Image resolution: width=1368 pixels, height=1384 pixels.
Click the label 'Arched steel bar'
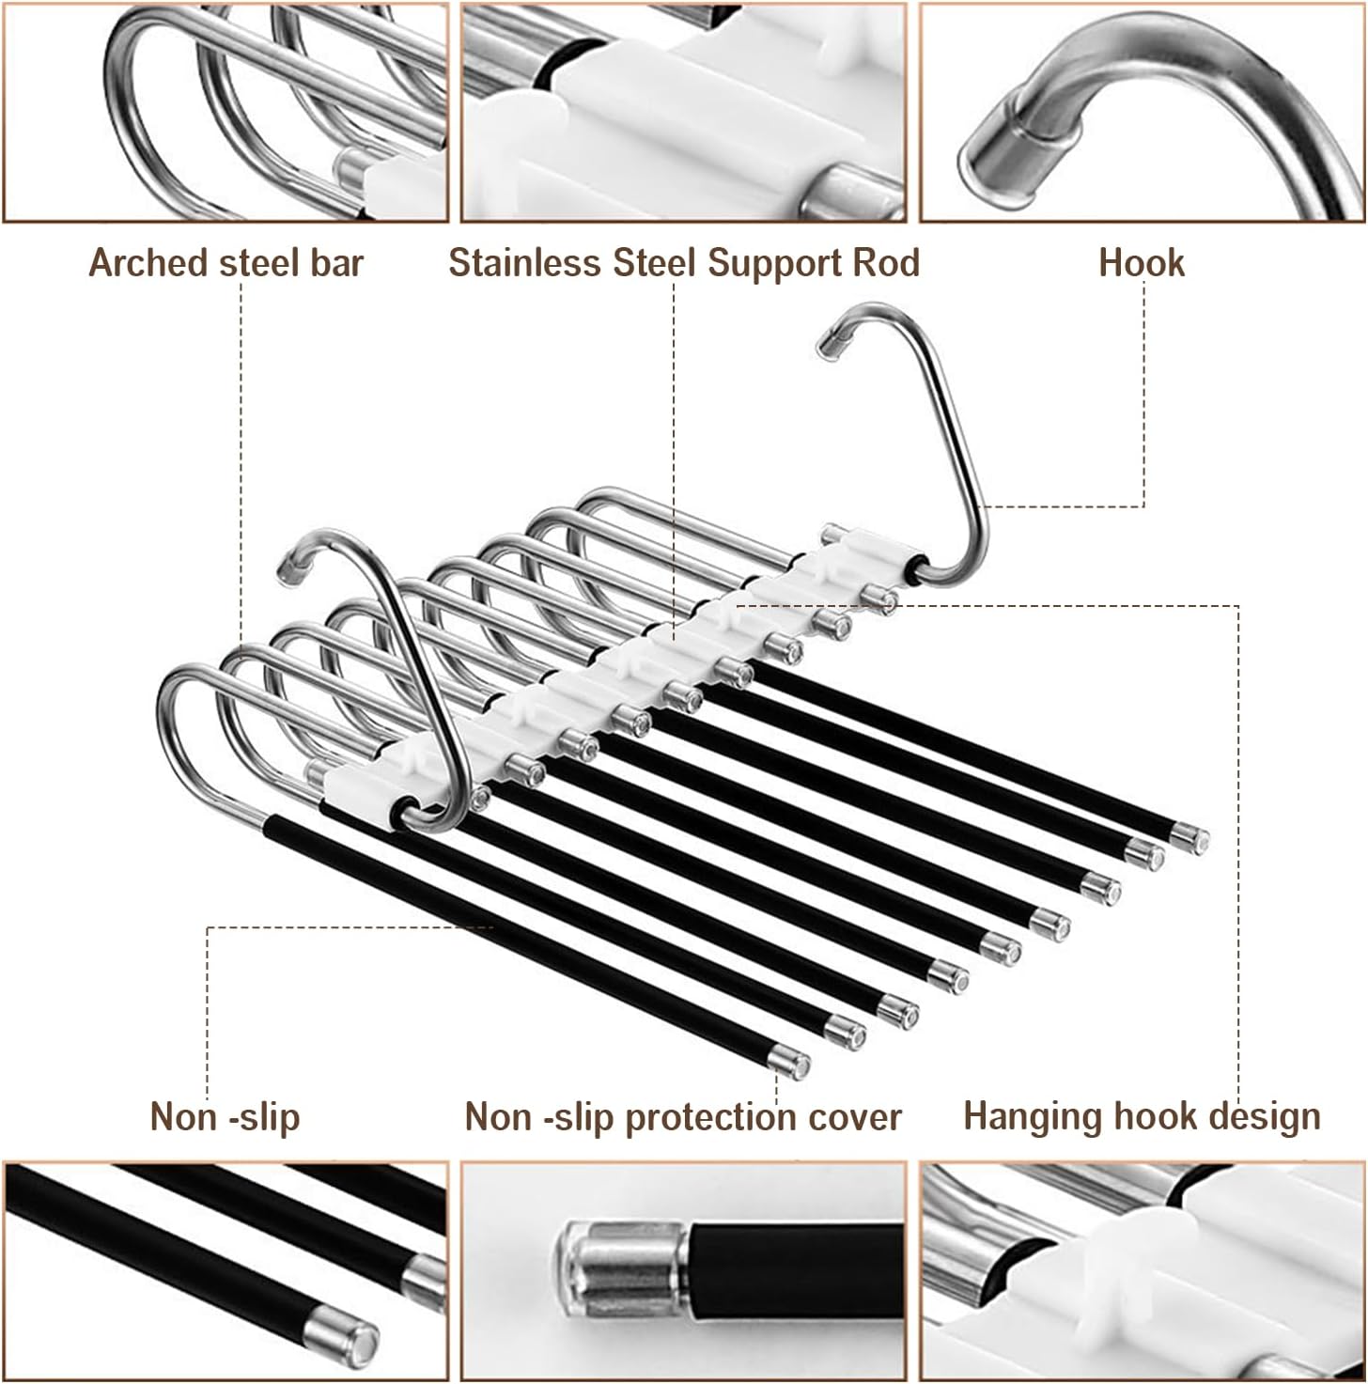225,263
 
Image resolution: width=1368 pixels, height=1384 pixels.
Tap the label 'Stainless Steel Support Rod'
684,263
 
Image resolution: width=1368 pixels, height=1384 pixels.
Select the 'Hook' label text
1141,263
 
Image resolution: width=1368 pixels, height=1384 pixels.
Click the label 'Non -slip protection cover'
682,1117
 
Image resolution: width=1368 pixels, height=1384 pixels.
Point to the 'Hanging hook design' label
1142,1117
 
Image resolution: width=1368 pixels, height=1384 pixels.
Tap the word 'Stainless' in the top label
526,263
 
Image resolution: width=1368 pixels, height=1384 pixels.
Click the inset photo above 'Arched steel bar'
225,112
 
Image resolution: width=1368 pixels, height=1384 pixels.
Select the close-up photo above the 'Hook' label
1142,112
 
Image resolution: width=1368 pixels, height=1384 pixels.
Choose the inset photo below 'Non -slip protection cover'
683,1272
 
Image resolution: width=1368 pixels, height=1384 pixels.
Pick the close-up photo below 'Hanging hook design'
1142,1272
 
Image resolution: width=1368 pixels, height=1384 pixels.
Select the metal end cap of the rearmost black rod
1190,837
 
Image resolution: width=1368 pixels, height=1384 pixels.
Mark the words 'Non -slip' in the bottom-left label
225,1118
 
